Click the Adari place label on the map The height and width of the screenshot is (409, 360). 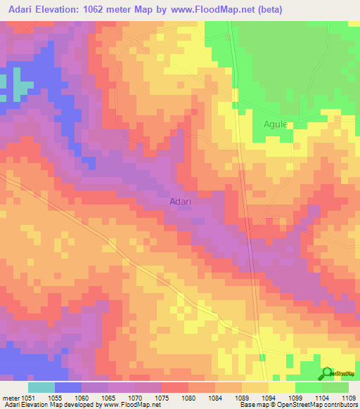[181, 201]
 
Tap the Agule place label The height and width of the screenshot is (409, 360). [276, 124]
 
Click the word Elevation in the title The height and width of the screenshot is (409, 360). [67, 10]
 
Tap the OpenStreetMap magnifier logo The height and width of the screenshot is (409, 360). [328, 374]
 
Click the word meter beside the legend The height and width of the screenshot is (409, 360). [11, 398]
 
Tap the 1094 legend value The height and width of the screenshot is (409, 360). [269, 398]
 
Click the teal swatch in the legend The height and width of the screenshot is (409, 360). [41, 387]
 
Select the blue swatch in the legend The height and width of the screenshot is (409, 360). [68, 387]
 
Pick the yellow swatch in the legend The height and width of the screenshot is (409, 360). [281, 387]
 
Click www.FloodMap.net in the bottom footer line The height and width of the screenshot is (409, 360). [133, 405]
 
